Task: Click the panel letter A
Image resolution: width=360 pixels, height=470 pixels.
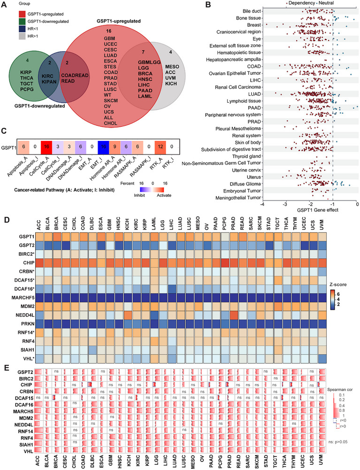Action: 4,5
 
